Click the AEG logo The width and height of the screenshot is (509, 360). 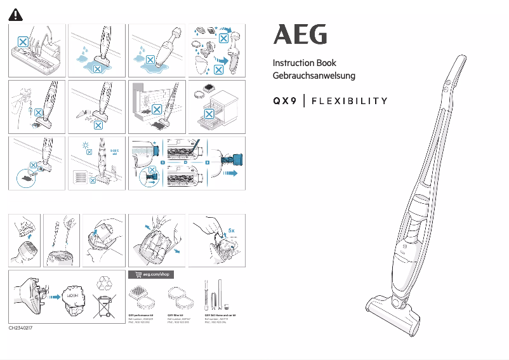point(300,35)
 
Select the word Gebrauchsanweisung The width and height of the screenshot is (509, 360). point(314,76)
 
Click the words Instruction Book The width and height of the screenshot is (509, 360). point(304,63)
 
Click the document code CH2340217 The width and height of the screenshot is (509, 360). point(20,328)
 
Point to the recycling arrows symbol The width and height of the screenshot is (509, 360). point(105,281)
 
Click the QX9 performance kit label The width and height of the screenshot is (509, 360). point(142,315)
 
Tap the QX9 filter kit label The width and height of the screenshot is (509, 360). point(178,315)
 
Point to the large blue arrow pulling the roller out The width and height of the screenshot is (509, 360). point(230,171)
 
